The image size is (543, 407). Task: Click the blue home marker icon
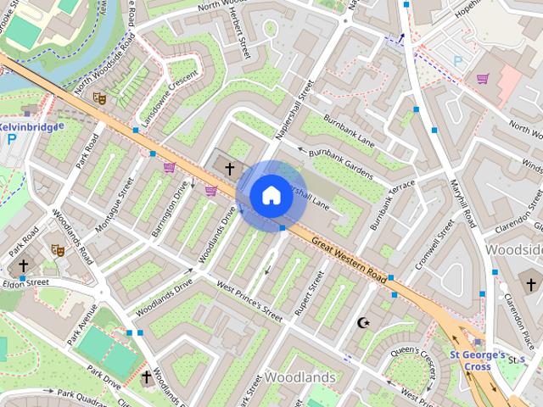point(271,195)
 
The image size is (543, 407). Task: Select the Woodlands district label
point(299,376)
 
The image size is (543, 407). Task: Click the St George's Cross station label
point(478,360)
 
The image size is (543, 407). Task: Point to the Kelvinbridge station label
point(31,126)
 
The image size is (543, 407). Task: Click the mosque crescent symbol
point(366,322)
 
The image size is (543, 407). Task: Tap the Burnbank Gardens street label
point(341,164)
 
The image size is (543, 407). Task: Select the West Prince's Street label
point(249,302)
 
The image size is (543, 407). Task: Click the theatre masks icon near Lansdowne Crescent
point(99,99)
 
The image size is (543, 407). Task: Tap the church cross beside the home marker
point(229,169)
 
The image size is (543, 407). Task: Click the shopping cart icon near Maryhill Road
point(483,79)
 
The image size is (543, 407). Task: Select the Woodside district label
point(515,250)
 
